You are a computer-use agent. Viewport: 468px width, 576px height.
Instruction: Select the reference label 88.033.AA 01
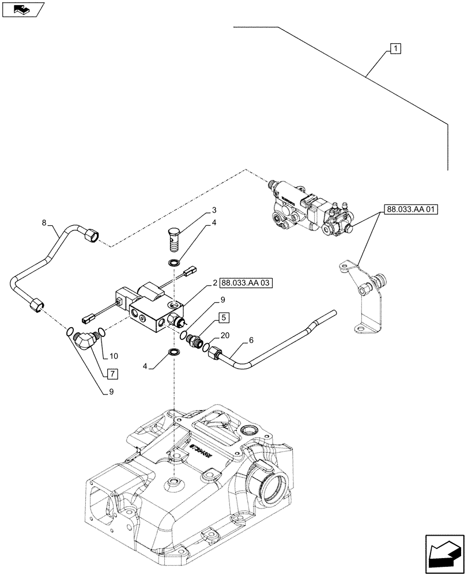pyautogui.click(x=409, y=210)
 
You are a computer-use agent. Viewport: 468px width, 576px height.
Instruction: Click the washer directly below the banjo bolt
pyautogui.click(x=173, y=263)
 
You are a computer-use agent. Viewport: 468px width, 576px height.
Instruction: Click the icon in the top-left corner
pyautogui.click(x=22, y=9)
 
